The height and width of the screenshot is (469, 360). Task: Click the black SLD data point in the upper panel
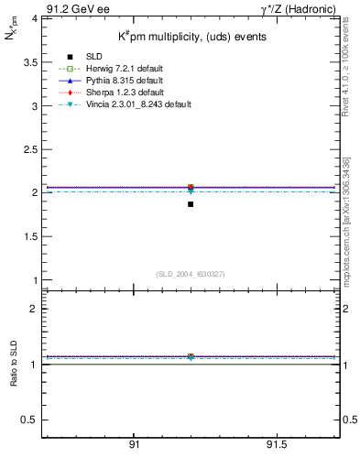coord(191,203)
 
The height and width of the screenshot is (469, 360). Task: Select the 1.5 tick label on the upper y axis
coord(29,236)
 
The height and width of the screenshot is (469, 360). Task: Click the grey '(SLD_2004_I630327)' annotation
coord(191,273)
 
